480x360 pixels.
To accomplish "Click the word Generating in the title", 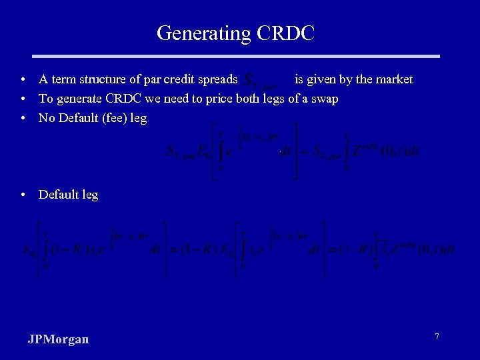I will [x=201, y=33].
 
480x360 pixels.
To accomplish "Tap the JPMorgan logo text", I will [x=58, y=339].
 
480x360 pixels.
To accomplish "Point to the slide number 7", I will [x=437, y=337].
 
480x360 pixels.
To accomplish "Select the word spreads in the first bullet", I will [x=219, y=80].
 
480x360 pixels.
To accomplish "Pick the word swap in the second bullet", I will [x=325, y=99].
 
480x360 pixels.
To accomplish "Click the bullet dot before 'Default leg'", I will [x=23, y=195].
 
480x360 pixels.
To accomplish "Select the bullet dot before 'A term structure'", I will [x=23, y=80].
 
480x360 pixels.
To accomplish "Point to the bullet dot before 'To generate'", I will [x=23, y=99].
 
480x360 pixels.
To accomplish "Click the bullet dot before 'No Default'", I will [x=23, y=119].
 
